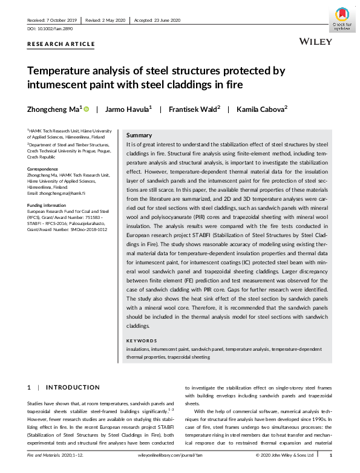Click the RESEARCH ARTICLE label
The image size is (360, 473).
pos(61,44)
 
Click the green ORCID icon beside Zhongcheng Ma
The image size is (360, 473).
pos(86,109)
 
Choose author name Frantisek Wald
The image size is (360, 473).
pos(194,109)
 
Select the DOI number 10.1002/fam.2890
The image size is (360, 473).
pos(50,28)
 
